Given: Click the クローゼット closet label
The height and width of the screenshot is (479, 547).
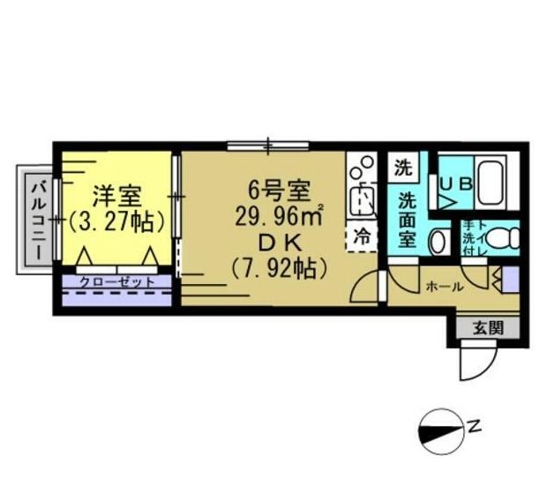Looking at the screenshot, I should [116, 282].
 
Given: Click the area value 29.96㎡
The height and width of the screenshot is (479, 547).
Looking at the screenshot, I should [277, 214].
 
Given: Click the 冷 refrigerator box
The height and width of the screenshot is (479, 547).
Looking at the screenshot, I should [363, 236].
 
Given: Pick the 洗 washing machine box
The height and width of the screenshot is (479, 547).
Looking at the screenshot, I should [403, 166].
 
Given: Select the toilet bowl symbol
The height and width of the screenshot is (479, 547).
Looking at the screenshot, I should [500, 237].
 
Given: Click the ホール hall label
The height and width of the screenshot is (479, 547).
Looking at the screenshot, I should [444, 287].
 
